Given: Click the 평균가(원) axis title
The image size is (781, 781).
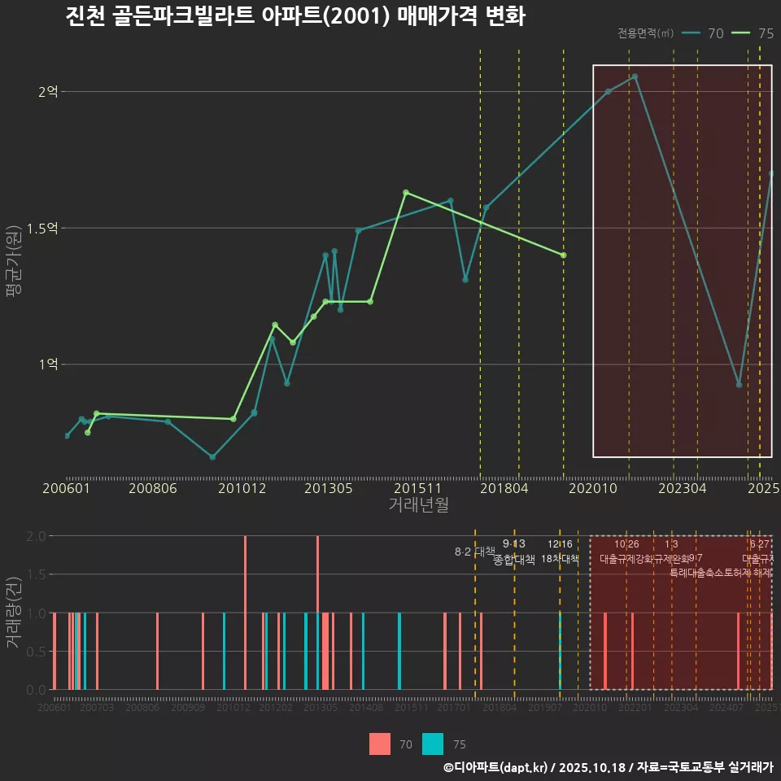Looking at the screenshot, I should pyautogui.click(x=14, y=252).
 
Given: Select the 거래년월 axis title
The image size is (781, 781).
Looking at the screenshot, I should pyautogui.click(x=418, y=504).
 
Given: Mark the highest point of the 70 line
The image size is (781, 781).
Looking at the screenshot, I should pyautogui.click(x=635, y=76).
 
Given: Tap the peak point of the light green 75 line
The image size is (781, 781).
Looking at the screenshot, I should pyautogui.click(x=405, y=193).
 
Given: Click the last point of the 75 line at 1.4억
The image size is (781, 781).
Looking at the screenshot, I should pyautogui.click(x=563, y=255).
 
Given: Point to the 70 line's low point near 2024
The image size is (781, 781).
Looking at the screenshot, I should pyautogui.click(x=739, y=384).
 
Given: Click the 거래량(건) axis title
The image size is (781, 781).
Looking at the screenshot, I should pyautogui.click(x=14, y=612).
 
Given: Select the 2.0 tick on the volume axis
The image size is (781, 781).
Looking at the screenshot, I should pyautogui.click(x=36, y=536).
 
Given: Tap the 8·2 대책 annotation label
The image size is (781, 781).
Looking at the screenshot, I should pyautogui.click(x=473, y=552).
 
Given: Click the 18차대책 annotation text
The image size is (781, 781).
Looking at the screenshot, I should pyautogui.click(x=560, y=560).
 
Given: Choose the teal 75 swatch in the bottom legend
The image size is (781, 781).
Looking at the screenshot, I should pyautogui.click(x=433, y=744).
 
